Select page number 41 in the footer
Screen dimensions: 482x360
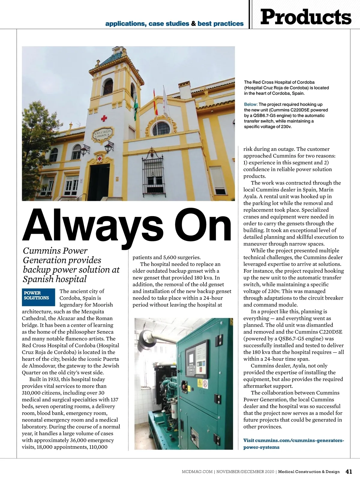349,471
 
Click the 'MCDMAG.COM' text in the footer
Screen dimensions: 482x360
197,471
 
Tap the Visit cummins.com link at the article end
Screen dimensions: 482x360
293,444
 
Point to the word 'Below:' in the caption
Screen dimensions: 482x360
251,104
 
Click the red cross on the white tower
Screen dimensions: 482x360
104,119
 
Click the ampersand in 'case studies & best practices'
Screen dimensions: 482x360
193,23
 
